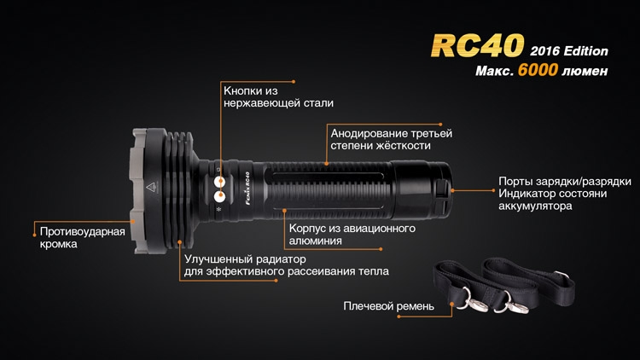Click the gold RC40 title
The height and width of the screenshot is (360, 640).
477,45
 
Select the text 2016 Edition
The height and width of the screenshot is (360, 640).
569,51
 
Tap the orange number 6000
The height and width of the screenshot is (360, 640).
538,70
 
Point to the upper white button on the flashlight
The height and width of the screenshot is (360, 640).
219,181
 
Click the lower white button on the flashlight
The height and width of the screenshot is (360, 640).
219,197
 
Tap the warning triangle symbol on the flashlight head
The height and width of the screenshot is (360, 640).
151,188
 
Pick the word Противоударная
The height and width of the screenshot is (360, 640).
83,232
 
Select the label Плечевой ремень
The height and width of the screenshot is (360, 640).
388,306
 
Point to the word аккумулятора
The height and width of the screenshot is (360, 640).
535,206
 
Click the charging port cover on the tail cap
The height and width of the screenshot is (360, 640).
440,189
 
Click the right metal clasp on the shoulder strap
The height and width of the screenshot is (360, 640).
510,302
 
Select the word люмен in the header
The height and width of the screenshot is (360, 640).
585,71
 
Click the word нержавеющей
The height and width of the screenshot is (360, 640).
262,103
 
